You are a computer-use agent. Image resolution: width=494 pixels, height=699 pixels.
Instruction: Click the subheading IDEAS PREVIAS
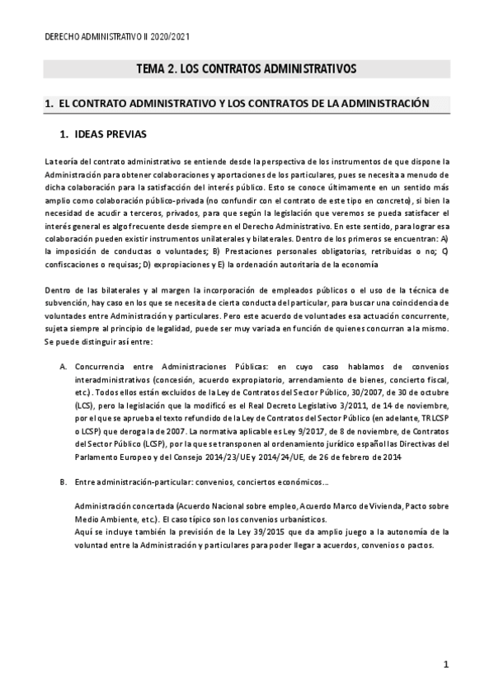pos(111,134)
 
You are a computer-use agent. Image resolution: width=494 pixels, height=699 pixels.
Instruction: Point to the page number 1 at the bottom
pos(445,664)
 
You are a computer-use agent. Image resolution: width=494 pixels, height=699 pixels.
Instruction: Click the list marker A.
pos(63,365)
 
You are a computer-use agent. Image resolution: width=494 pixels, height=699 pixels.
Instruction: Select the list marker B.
pos(63,481)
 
